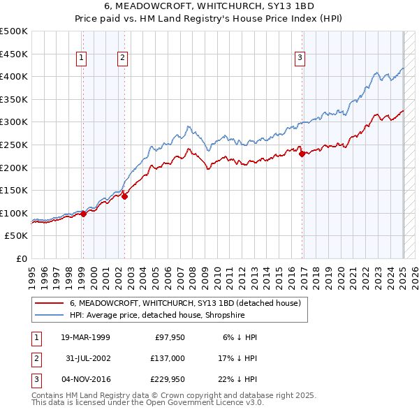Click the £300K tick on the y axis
pyautogui.click(x=14, y=122)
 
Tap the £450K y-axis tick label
pyautogui.click(x=14, y=53)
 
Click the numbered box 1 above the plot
pyautogui.click(x=82, y=58)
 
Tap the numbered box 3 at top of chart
pyautogui.click(x=300, y=58)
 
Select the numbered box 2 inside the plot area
pyautogui.click(x=122, y=58)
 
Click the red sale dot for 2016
pyautogui.click(x=302, y=154)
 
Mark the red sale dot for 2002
pyautogui.click(x=125, y=196)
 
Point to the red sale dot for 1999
pyautogui.click(x=83, y=214)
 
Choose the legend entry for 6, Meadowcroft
pyautogui.click(x=185, y=303)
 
